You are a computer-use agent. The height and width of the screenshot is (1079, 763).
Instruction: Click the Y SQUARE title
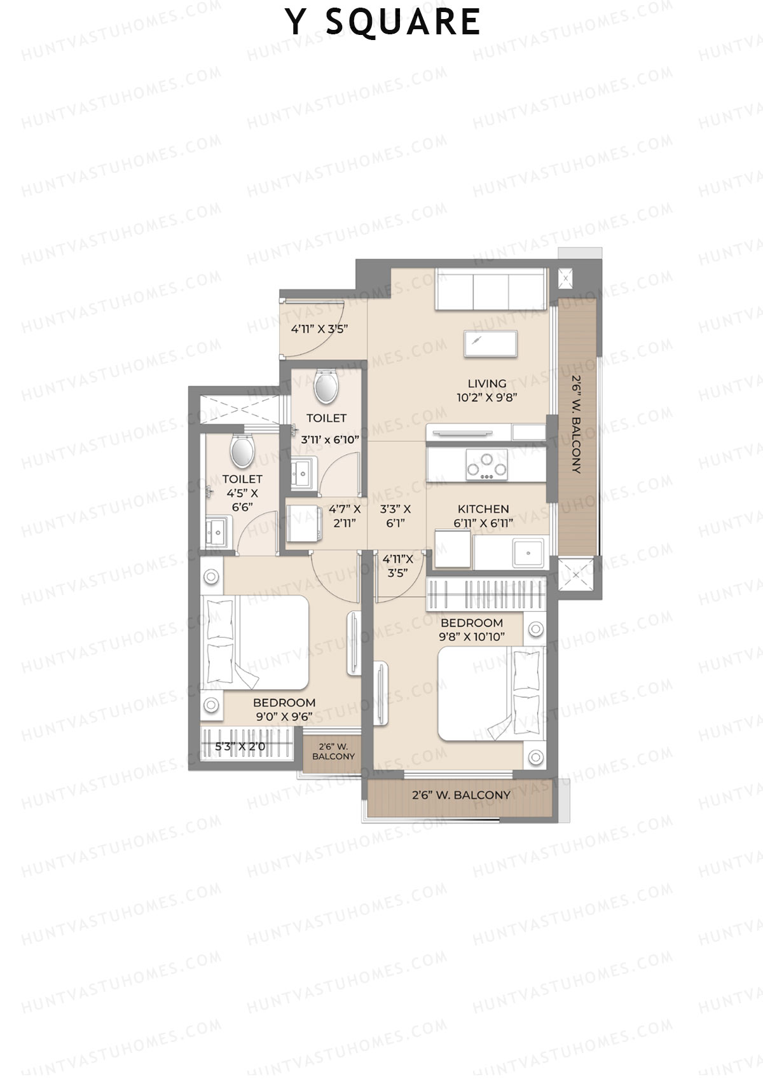coord(382,22)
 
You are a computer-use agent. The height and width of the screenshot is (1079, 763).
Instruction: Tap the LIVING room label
coord(487,383)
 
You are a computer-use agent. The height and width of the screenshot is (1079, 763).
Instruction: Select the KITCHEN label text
coord(483,509)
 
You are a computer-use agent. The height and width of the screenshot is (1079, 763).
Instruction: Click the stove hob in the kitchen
coord(487,464)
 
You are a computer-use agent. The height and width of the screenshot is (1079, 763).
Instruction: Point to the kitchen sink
coord(528,553)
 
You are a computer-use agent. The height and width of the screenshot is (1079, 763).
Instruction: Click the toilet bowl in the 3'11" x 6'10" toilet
coord(326,387)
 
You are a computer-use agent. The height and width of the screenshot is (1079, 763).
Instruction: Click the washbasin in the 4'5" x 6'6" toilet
coord(217,532)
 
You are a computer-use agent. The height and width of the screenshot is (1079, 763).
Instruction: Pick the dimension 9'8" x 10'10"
coord(472,636)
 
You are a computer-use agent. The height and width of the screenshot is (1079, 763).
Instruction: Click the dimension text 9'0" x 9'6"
coord(284,716)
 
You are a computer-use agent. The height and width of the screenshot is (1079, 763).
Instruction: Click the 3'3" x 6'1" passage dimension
coord(395,516)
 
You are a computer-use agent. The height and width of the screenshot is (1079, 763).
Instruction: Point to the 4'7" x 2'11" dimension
coord(345,516)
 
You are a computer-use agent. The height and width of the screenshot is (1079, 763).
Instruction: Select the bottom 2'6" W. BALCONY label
coord(461,795)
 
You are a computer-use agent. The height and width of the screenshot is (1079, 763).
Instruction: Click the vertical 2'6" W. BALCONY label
coord(576,424)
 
